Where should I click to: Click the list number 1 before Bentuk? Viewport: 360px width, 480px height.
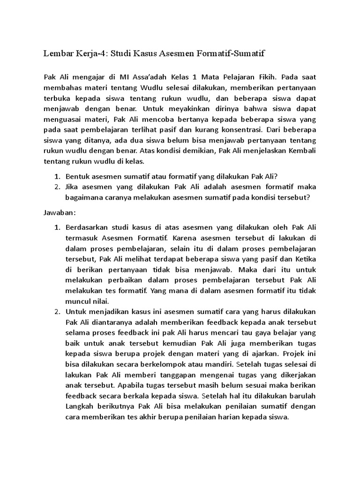coord(56,176)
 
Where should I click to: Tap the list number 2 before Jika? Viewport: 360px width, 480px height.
coord(56,187)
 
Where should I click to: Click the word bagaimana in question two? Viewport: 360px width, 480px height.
coord(86,198)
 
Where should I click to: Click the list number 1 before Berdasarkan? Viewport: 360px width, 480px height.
coord(56,227)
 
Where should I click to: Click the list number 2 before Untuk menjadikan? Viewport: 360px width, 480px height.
coord(56,313)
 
